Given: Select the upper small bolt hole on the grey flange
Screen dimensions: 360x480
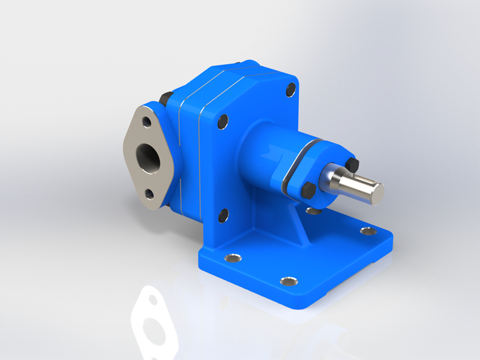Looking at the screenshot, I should pos(145,122).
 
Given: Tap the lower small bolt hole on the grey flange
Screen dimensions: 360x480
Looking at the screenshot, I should pos(148,194).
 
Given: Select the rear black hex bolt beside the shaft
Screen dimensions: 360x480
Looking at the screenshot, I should pos(353,163).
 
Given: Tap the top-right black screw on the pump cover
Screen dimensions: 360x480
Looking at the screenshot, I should pos(291,91).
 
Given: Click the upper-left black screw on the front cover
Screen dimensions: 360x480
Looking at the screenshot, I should pos(222,122).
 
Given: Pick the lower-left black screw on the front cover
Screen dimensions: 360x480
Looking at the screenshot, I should pos(223,215).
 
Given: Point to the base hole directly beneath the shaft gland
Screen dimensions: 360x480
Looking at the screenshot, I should pos(313,211).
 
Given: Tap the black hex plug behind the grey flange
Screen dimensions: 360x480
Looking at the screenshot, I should pos(166,99).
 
